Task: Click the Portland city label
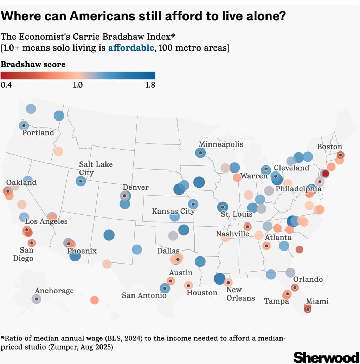[x=38, y=133]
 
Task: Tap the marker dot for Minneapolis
[x=200, y=153]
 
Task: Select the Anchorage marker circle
[x=36, y=299]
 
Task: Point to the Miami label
[x=317, y=301]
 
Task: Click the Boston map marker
[x=340, y=155]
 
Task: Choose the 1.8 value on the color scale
[x=150, y=85]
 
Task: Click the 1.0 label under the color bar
[x=77, y=85]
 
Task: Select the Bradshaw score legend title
[x=33, y=64]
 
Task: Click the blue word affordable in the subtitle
[x=131, y=48]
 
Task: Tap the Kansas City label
[x=173, y=211]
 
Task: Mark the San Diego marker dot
[x=32, y=243]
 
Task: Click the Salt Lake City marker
[x=81, y=181]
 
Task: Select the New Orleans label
[x=240, y=294]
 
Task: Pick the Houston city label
[x=202, y=293]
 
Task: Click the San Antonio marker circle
[x=165, y=288]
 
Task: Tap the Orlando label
[x=308, y=279]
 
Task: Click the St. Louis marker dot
[x=222, y=207]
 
